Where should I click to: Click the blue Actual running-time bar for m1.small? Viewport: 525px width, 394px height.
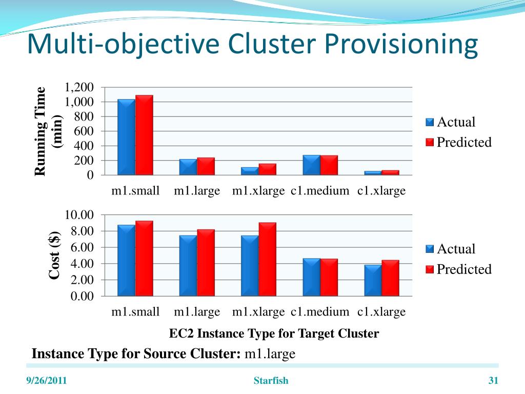[x=126, y=137]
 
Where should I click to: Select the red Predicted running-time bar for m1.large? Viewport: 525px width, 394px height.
[x=206, y=166]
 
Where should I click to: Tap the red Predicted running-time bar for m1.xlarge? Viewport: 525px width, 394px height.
[x=267, y=169]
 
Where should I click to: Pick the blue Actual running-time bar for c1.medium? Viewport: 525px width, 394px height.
[x=311, y=165]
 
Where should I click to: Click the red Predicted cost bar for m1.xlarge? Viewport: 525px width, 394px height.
[x=267, y=259]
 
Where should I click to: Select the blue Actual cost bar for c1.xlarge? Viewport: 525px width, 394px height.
[x=373, y=280]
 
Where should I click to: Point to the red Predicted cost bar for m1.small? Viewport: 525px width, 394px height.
[x=144, y=258]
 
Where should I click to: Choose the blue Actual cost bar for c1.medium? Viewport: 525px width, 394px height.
[x=311, y=277]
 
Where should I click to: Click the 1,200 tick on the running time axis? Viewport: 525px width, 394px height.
[x=79, y=87]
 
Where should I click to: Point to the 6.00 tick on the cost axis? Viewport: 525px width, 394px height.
[x=79, y=247]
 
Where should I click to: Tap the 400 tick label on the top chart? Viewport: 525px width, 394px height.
[x=84, y=146]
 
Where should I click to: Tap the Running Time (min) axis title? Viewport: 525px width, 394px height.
[x=48, y=131]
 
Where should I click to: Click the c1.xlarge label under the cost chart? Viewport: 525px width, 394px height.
[x=381, y=312]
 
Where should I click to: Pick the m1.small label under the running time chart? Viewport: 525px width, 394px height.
[x=136, y=191]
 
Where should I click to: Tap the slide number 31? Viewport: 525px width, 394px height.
[x=493, y=381]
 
